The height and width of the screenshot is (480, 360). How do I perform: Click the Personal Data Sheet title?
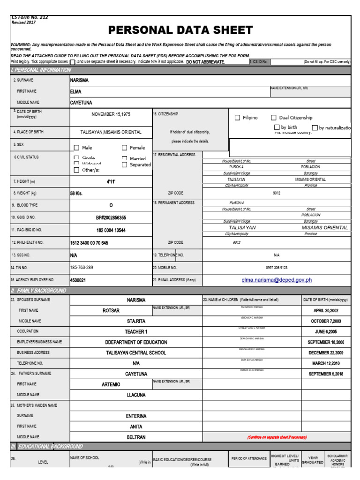tap(180, 30)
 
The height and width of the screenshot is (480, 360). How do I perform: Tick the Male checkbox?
tap(76, 148)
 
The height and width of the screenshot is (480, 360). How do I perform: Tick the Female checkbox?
tap(125, 148)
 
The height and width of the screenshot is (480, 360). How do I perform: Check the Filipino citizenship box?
tap(237, 118)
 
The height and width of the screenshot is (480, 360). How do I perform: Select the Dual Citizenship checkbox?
tap(274, 118)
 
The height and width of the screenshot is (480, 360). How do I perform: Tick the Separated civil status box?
tap(125, 165)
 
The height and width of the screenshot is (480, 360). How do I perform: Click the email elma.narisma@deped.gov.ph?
tap(277, 280)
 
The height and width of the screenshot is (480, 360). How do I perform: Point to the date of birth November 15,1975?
tap(111, 114)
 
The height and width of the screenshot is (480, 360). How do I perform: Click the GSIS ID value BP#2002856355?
tap(111, 218)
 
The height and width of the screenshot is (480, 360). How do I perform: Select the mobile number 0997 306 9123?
tap(277, 268)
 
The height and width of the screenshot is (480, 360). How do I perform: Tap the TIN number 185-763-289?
tap(82, 268)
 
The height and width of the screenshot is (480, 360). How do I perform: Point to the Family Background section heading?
tap(38, 291)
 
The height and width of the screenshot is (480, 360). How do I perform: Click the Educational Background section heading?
tap(47, 446)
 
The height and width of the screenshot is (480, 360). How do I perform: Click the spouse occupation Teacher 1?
tap(136, 331)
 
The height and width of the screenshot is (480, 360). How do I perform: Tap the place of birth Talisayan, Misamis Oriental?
tap(111, 132)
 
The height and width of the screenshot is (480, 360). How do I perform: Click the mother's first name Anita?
tap(136, 427)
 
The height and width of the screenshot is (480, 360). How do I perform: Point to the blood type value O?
tap(111, 205)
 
